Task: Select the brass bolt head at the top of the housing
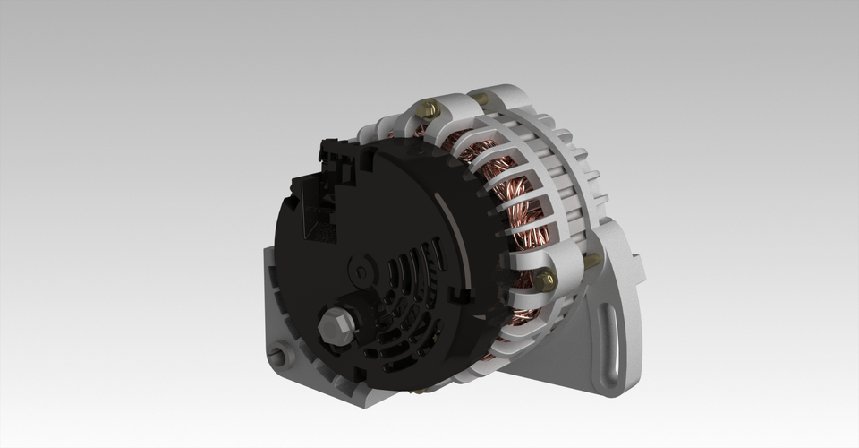(430, 110)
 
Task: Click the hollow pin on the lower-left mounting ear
(279, 355)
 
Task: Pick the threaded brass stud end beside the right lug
(592, 261)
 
